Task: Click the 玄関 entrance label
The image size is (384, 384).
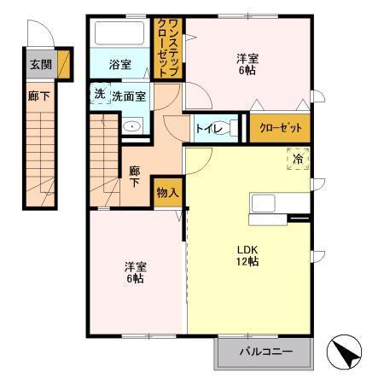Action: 39,63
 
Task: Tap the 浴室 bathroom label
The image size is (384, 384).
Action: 120,64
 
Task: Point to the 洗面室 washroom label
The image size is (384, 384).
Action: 128,96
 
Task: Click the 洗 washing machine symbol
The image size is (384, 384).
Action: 99,94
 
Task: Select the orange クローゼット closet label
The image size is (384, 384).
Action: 280,128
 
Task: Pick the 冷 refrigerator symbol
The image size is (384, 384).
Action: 298,159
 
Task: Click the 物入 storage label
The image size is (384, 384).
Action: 166,193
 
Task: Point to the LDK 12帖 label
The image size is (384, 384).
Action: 247,255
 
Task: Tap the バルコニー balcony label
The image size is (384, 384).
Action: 265,352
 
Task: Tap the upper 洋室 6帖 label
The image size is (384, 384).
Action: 247,65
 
